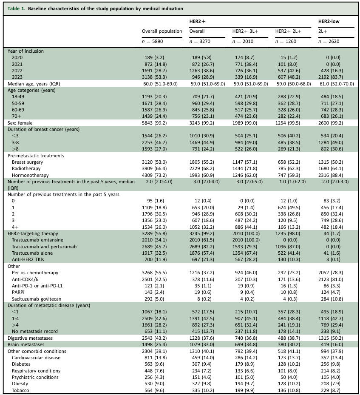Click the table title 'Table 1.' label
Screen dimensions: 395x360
pos(17,9)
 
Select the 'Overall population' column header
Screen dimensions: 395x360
pos(162,31)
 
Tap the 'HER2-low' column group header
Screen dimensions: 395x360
pos(329,21)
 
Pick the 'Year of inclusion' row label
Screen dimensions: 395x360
pos(26,51)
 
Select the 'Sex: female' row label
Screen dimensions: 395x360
pos(21,122)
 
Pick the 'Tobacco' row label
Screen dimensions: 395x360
pos(21,390)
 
